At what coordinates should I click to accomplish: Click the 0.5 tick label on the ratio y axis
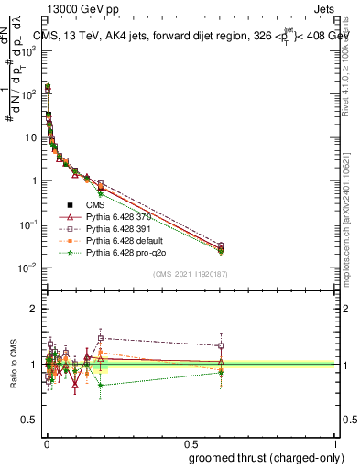coord(29,420)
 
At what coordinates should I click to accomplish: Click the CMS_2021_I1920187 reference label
coord(190,273)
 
